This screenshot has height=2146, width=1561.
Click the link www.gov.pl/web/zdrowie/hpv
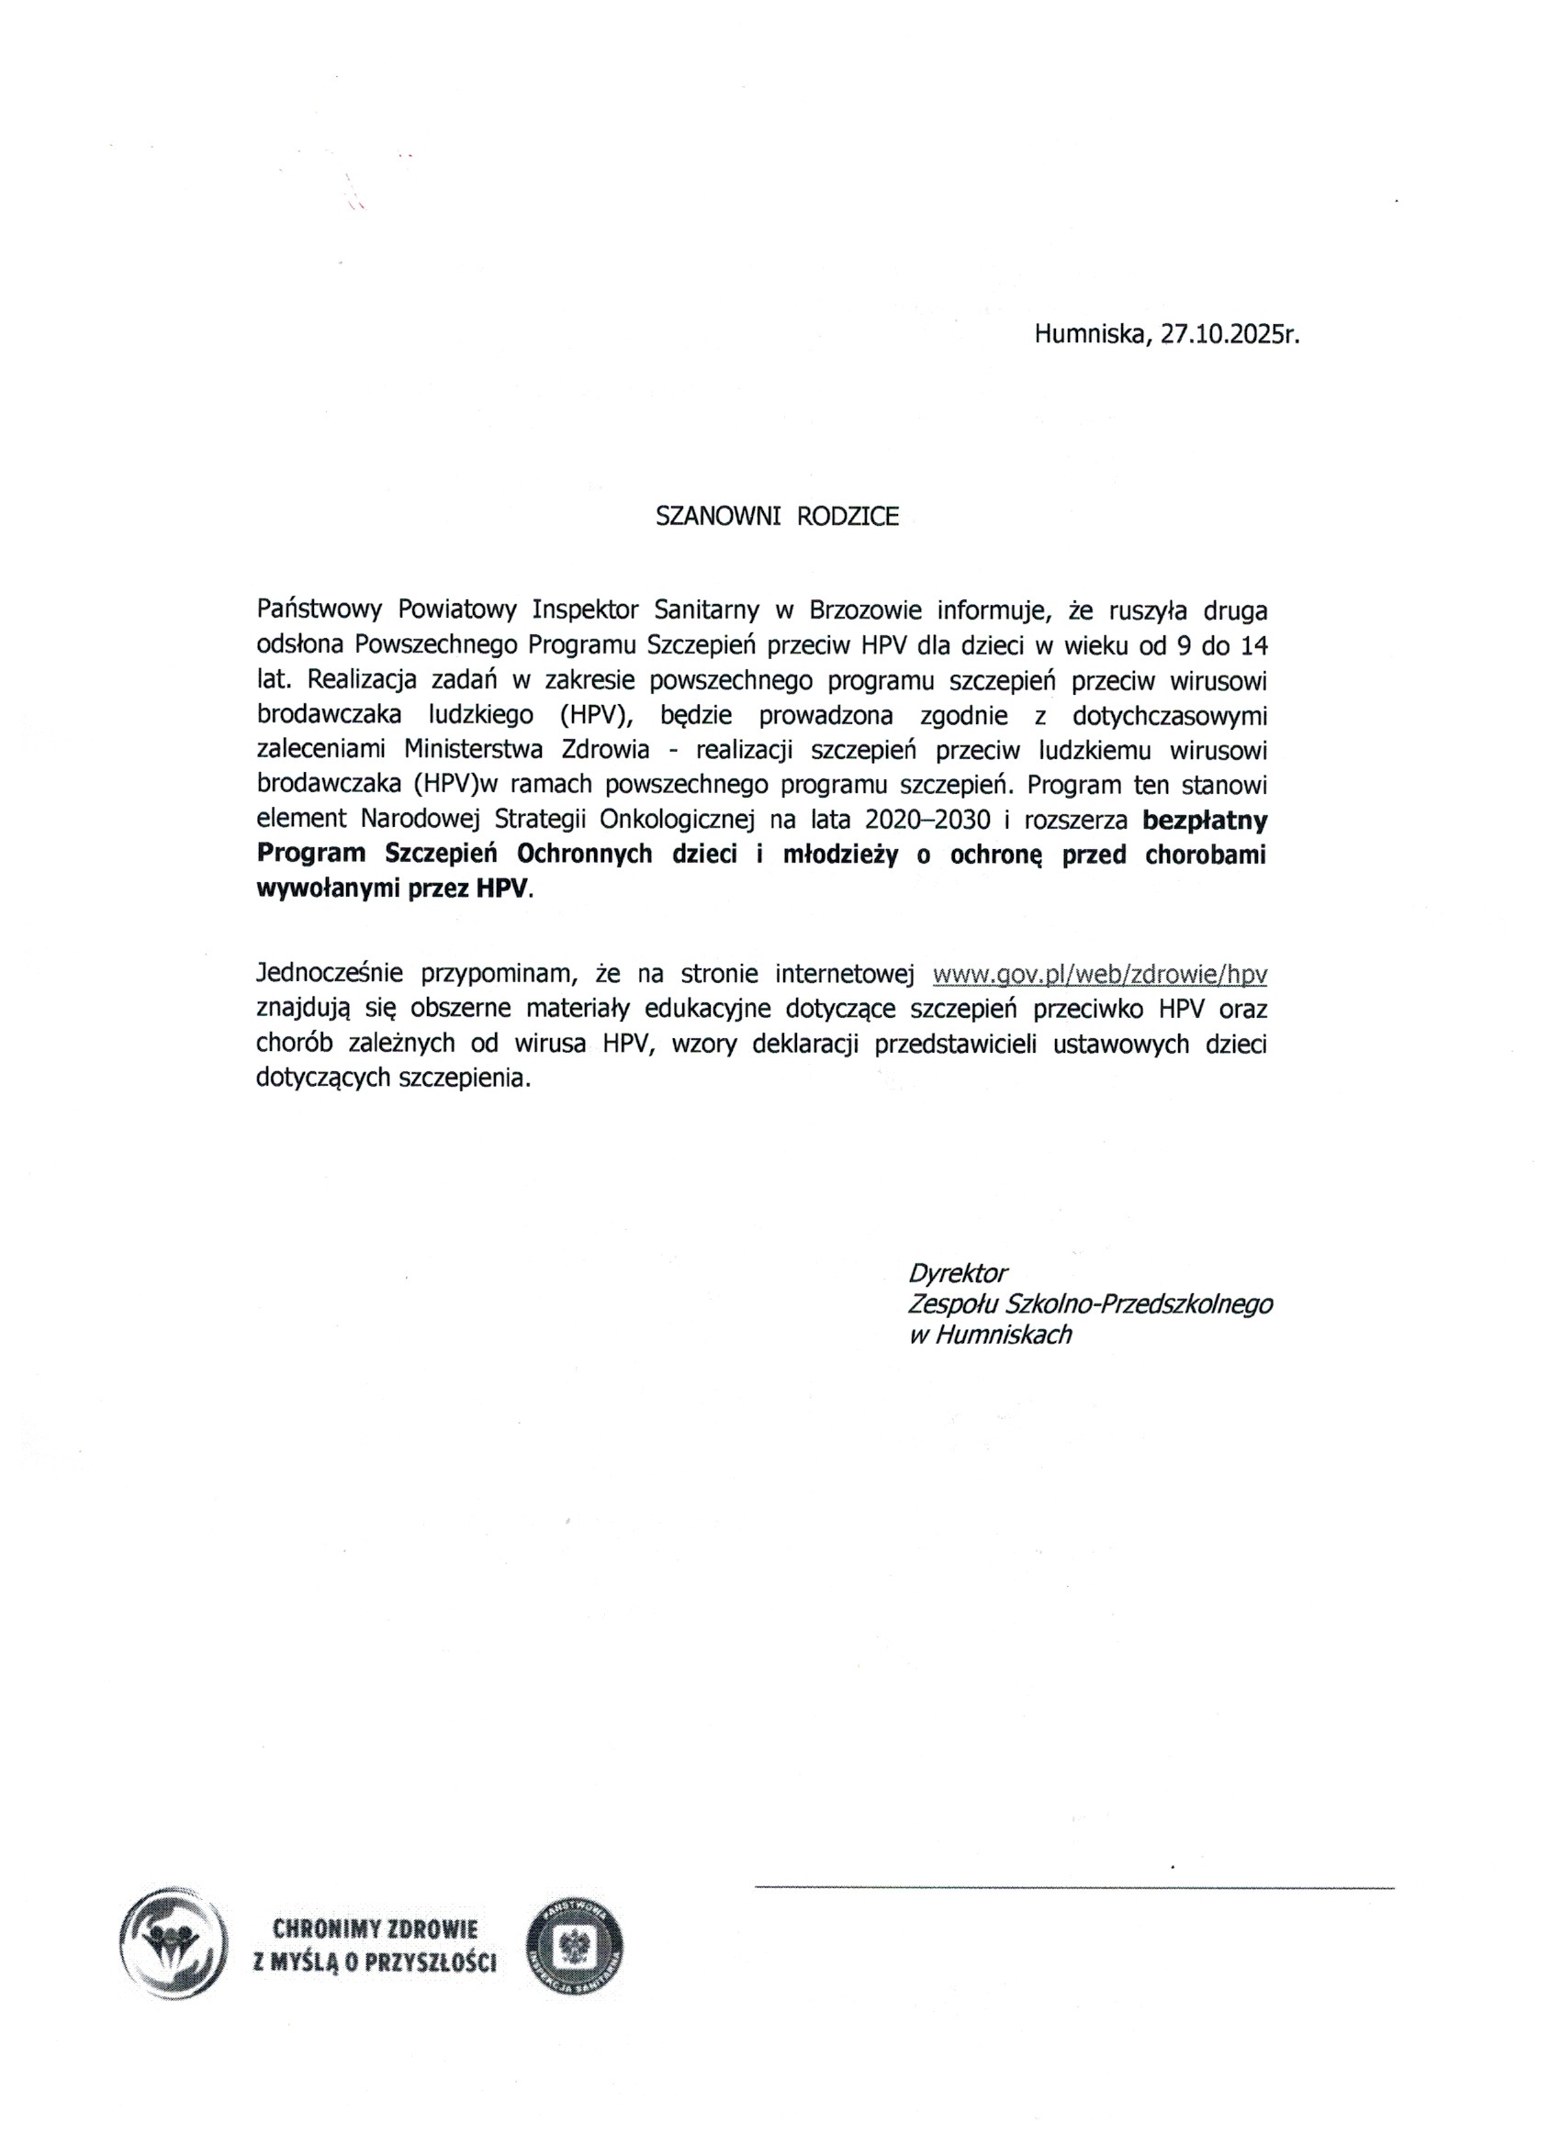pyautogui.click(x=1100, y=974)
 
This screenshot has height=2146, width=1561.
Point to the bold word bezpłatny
pyautogui.click(x=1205, y=819)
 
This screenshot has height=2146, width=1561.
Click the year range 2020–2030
pyautogui.click(x=921, y=819)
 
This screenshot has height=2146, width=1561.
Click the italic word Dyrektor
pyautogui.click(x=958, y=1271)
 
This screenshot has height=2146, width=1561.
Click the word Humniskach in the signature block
pyautogui.click(x=1004, y=1336)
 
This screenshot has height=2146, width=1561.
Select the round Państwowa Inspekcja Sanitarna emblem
pyautogui.click(x=575, y=1945)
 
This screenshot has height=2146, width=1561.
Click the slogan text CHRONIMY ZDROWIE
pyautogui.click(x=375, y=1928)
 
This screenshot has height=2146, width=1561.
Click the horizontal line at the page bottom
pyautogui.click(x=1074, y=1889)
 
